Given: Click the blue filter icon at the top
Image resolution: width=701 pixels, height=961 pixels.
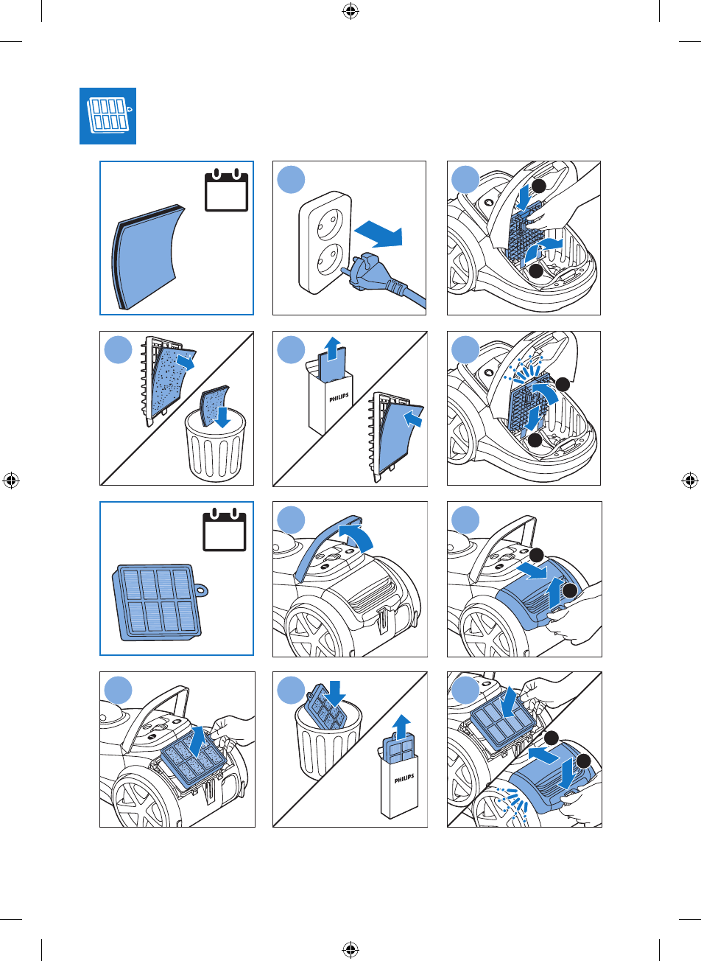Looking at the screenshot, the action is pos(108,117).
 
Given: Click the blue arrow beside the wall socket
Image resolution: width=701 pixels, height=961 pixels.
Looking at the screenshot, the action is pos(378,234).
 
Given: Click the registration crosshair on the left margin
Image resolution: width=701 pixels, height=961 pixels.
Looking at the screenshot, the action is pos(10,480).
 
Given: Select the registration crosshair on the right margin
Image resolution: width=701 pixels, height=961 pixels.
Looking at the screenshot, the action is pos(690,480).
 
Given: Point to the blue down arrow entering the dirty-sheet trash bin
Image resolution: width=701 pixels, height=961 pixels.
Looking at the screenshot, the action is pos(219,419).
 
